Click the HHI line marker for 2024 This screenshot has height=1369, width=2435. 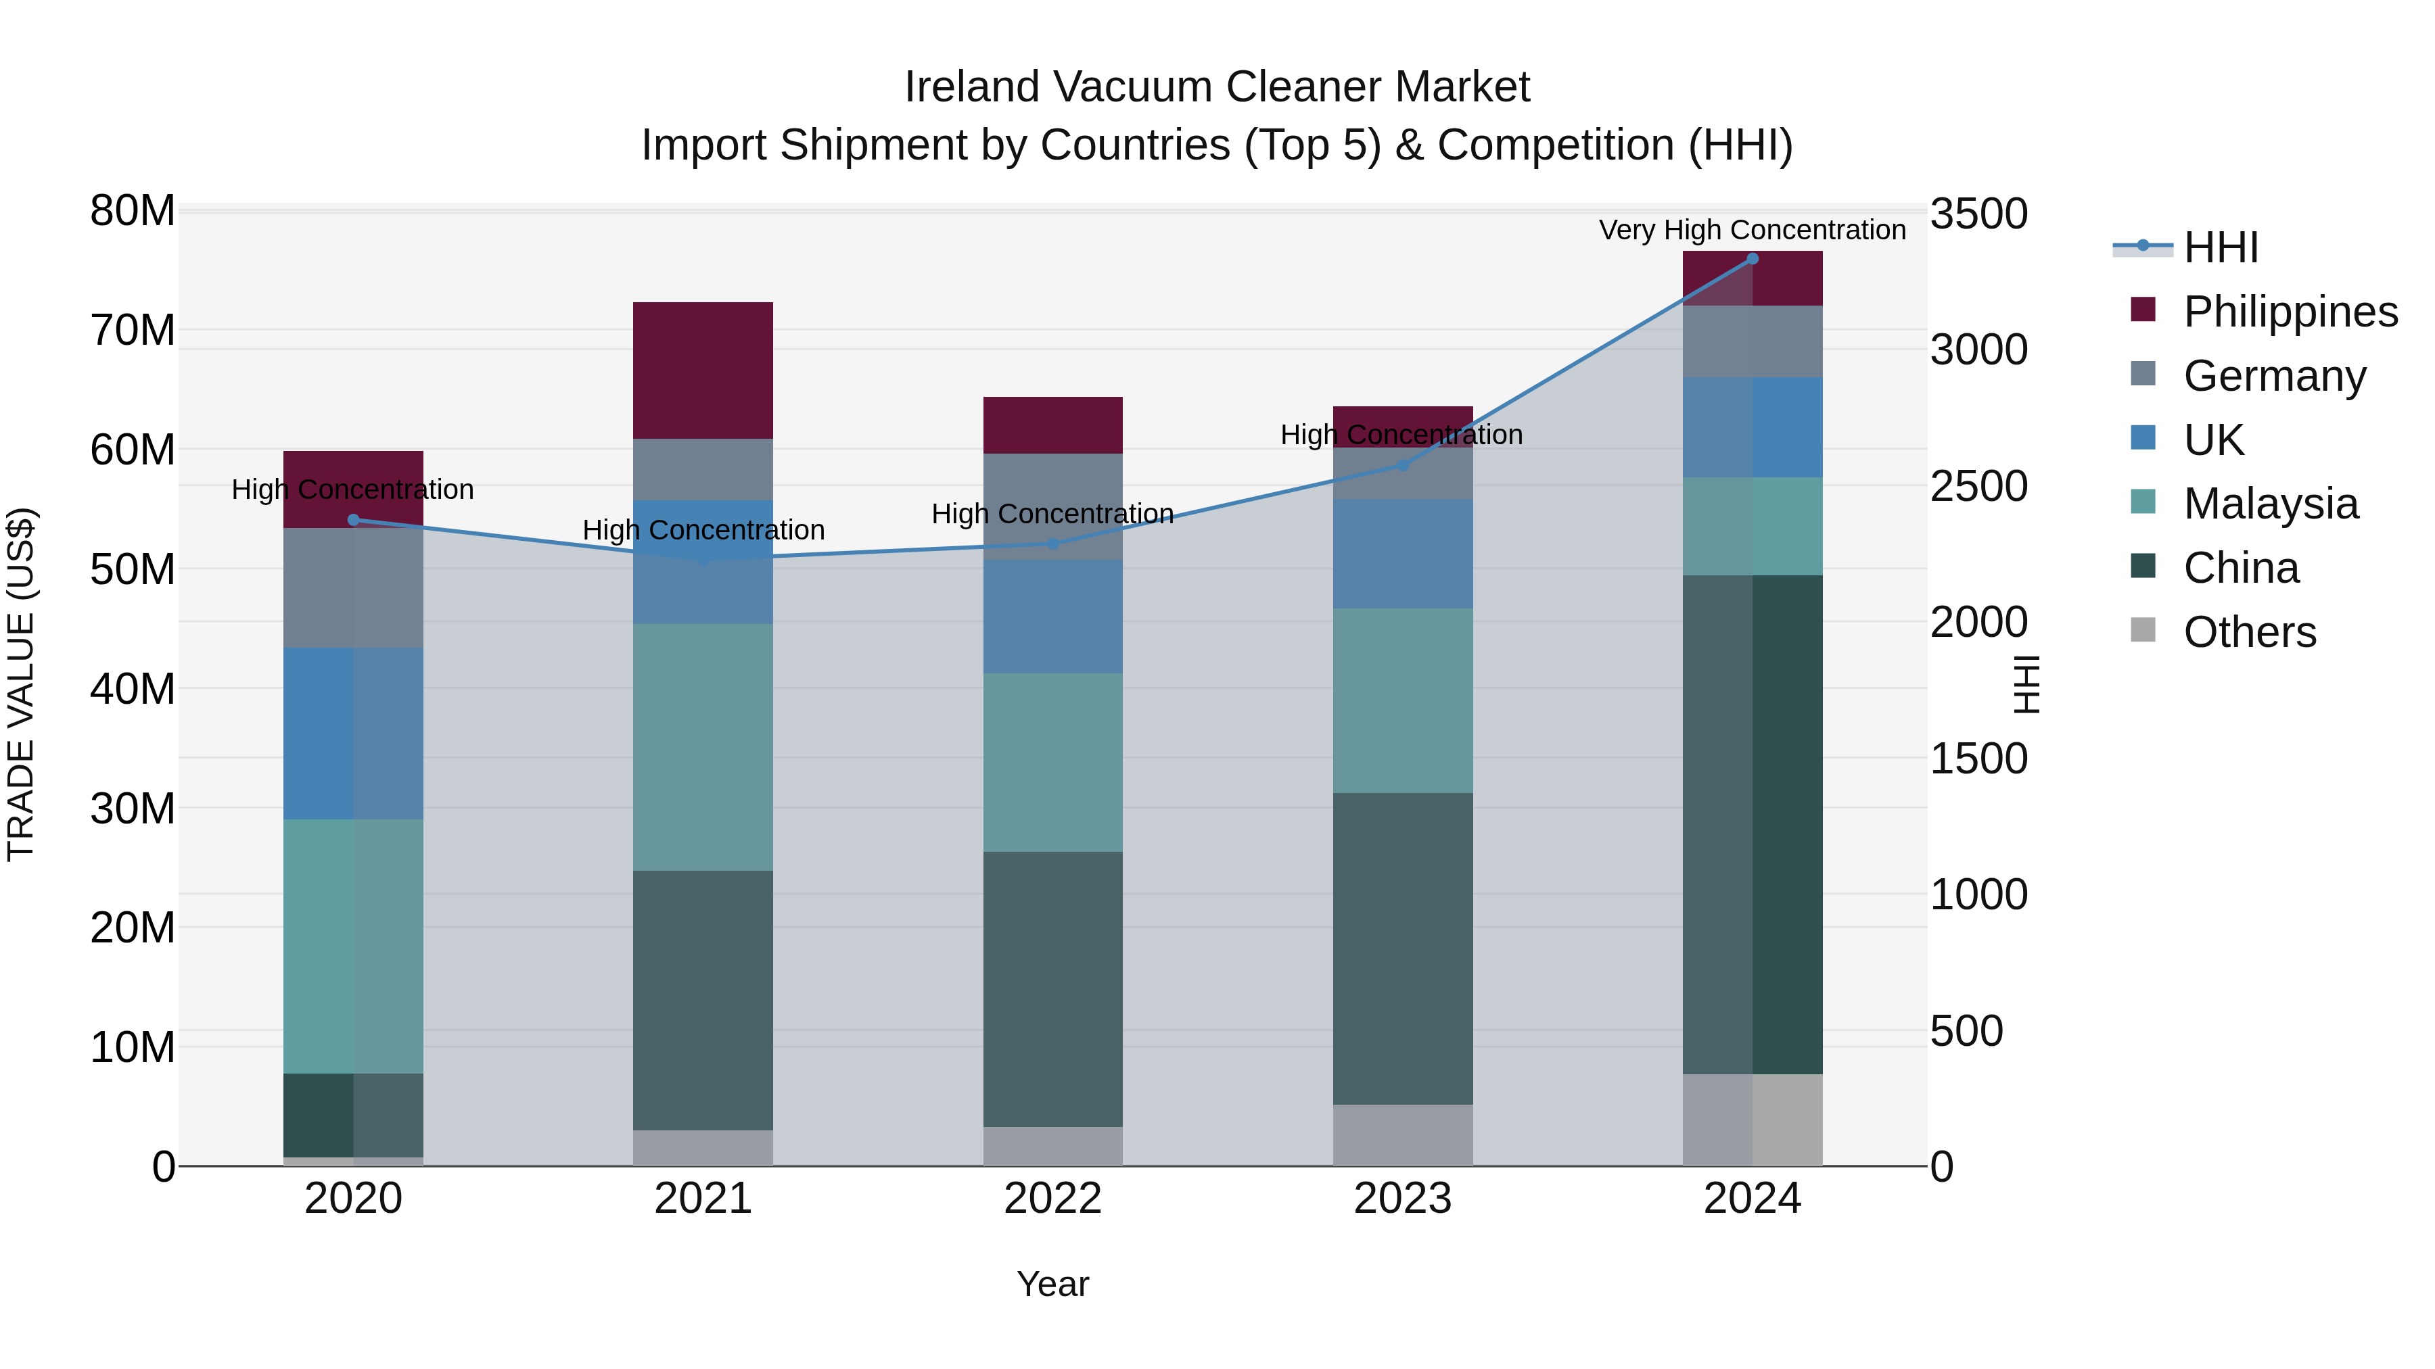click(x=1752, y=259)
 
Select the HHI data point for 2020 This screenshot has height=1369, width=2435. click(x=354, y=520)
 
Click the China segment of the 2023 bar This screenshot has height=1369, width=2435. click(x=1402, y=948)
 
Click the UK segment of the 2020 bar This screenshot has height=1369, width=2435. click(x=354, y=733)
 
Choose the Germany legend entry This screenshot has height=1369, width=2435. click(x=2273, y=376)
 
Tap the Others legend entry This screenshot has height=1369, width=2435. click(x=2249, y=632)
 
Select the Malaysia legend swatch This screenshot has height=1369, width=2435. click(x=2143, y=502)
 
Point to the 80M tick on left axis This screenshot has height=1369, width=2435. click(x=133, y=211)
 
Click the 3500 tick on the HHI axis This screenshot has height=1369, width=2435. click(x=1978, y=214)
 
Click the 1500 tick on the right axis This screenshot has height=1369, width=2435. click(x=1978, y=759)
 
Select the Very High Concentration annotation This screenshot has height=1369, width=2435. click(x=1752, y=230)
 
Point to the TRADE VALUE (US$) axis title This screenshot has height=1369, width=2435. click(x=21, y=684)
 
